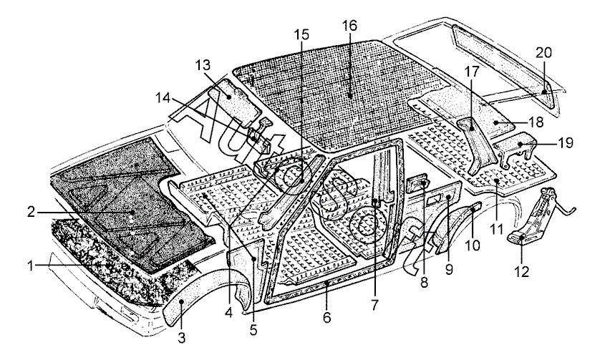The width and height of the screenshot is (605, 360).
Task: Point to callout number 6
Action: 327,316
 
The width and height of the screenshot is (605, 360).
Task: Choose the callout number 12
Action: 522,272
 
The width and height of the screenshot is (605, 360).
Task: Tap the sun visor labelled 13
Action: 231,93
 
